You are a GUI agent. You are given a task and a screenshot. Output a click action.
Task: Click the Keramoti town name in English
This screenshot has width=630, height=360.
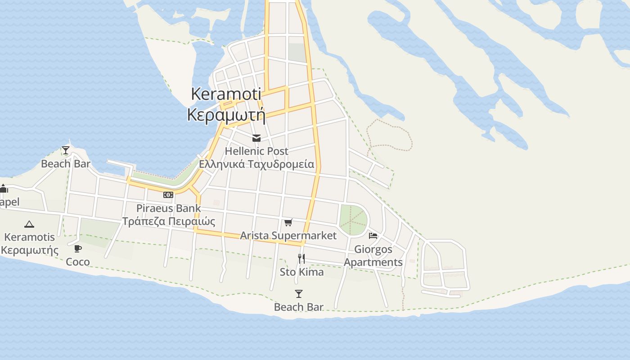226,94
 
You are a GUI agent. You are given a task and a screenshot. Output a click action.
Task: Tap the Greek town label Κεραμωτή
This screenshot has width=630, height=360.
226,115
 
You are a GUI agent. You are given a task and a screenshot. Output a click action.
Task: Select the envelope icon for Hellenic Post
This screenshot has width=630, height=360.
256,138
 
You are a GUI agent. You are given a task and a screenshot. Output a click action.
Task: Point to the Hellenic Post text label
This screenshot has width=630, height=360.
256,151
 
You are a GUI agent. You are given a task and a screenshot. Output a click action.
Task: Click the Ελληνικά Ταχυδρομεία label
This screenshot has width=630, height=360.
256,164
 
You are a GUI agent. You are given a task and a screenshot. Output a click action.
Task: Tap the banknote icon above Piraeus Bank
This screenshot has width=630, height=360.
168,195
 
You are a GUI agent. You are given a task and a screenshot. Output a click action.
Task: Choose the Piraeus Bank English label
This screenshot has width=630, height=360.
169,208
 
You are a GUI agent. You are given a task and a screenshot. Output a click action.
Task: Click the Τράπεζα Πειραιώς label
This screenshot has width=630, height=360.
169,221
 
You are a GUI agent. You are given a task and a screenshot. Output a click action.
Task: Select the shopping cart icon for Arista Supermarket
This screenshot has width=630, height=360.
288,222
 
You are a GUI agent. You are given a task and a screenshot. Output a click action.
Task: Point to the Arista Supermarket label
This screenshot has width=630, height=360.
288,235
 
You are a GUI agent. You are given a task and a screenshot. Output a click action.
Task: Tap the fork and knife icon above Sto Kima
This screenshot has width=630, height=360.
301,259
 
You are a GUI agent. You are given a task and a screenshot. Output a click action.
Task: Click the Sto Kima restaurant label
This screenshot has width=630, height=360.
301,272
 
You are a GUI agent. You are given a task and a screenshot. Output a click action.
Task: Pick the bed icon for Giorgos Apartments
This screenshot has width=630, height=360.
373,235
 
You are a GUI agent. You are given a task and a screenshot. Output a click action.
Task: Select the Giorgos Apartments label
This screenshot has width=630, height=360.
373,256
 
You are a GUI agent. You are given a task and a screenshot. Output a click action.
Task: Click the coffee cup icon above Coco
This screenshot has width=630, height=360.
78,248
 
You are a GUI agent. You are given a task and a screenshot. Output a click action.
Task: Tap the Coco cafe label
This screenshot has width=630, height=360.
78,262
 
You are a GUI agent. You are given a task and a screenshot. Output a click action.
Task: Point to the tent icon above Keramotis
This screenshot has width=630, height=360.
29,224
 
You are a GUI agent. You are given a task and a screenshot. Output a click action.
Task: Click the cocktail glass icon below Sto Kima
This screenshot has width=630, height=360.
299,294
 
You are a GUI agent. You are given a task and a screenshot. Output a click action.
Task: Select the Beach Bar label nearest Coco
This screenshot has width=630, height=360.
66,164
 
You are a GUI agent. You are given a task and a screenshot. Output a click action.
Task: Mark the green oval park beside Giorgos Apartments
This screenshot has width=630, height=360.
353,220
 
